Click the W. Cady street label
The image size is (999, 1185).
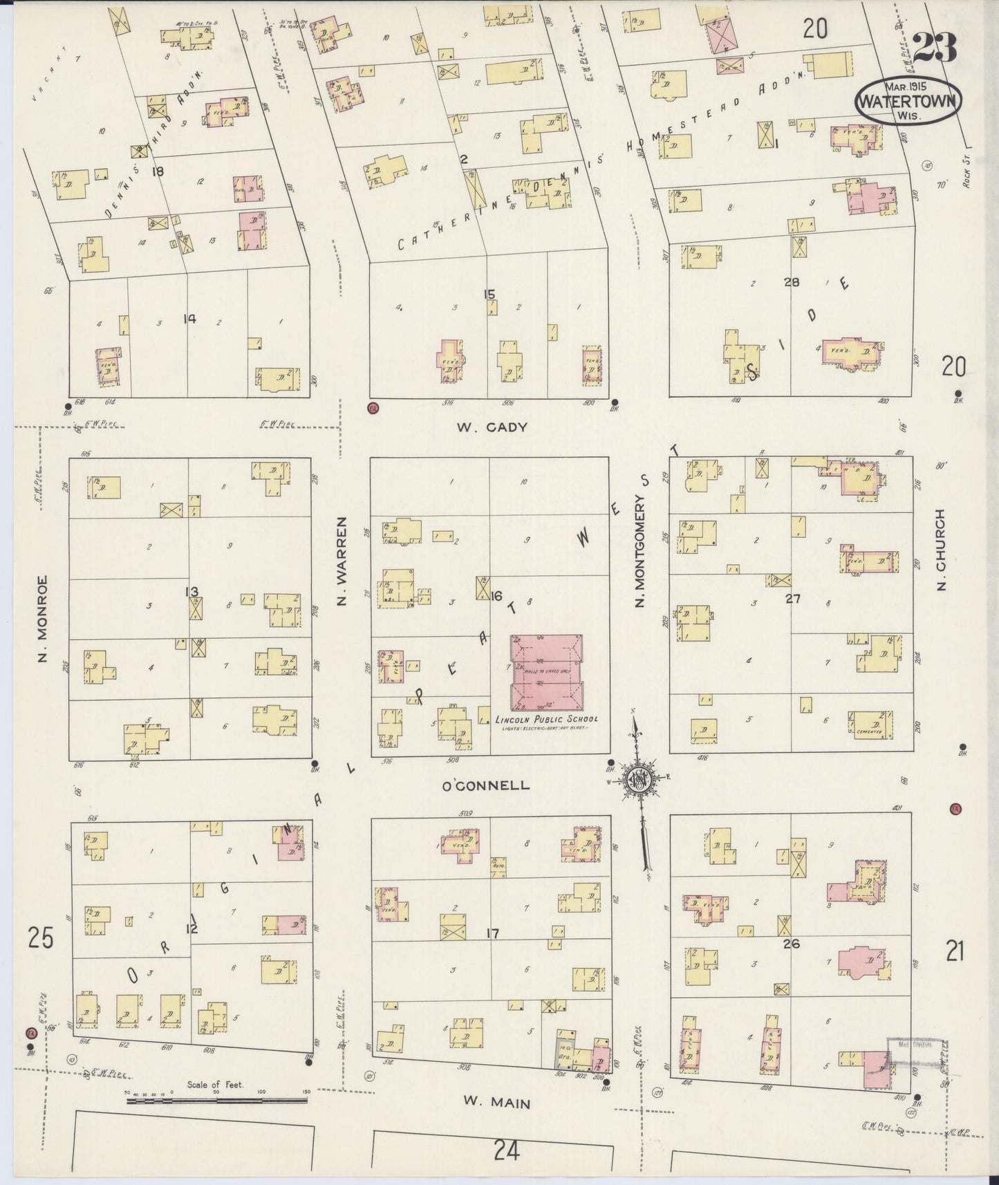point(492,427)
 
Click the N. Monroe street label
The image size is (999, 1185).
point(42,619)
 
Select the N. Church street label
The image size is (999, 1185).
point(941,550)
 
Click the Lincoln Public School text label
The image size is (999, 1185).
point(546,719)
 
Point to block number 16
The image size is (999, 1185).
point(495,596)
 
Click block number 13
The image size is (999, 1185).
point(192,592)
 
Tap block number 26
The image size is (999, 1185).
point(792,942)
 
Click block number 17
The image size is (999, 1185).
point(492,934)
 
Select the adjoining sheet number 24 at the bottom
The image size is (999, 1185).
point(506,1150)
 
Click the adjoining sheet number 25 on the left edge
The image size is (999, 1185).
point(40,938)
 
